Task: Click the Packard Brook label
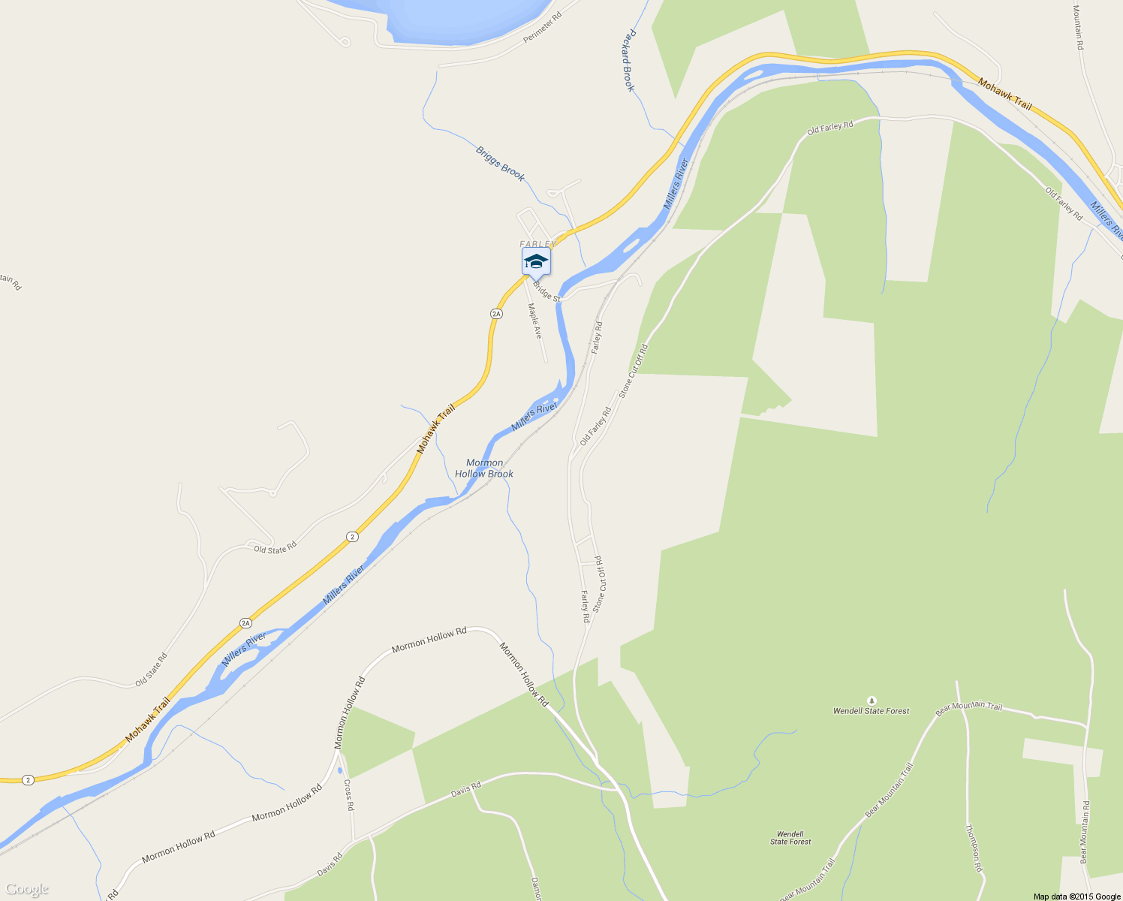(x=628, y=61)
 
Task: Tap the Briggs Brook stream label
(x=500, y=163)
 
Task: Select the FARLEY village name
(x=537, y=244)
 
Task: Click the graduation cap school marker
(x=536, y=262)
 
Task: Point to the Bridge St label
(x=546, y=291)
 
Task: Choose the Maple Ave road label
(x=534, y=321)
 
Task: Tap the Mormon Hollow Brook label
(x=484, y=469)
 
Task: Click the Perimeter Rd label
(x=543, y=28)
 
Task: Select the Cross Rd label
(x=348, y=794)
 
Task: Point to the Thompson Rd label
(x=974, y=848)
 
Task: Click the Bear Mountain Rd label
(x=1084, y=832)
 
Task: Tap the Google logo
(x=26, y=890)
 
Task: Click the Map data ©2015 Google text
(x=1076, y=896)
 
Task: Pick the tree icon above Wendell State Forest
(x=871, y=699)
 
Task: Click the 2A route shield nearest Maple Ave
(x=495, y=313)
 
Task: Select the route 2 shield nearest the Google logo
(x=28, y=779)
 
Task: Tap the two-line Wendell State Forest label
(x=790, y=838)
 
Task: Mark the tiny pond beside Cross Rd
(x=340, y=770)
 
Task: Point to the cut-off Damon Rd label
(x=535, y=888)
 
